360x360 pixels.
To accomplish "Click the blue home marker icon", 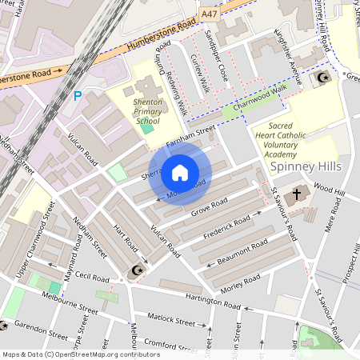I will coord(180,173).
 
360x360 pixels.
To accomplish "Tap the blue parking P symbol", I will coord(78,95).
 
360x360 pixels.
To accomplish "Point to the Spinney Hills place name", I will coord(306,166).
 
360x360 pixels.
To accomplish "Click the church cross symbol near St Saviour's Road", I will coord(297,194).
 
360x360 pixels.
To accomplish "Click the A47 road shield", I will coord(210,14).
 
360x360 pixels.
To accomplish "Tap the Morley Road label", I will coord(241,282).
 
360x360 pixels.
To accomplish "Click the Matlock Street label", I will coord(174,322).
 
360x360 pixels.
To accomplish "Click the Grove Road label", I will coord(210,207).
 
